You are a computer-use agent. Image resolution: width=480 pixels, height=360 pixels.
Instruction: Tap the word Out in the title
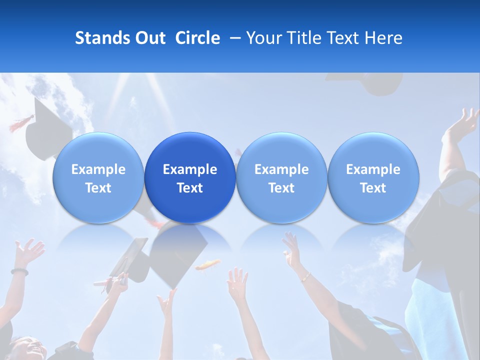pos(149,38)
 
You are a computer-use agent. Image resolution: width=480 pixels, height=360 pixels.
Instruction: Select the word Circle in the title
pos(197,38)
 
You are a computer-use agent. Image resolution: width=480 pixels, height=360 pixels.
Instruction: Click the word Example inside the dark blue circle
pos(190,169)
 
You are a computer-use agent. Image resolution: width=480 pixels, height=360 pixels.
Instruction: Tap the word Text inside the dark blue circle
pos(190,188)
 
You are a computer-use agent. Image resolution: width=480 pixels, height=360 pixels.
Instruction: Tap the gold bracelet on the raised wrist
pos(305,276)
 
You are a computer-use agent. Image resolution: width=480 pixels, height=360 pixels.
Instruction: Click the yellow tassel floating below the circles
pos(207,264)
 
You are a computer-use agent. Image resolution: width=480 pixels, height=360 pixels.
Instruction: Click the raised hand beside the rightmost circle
pos(462,123)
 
